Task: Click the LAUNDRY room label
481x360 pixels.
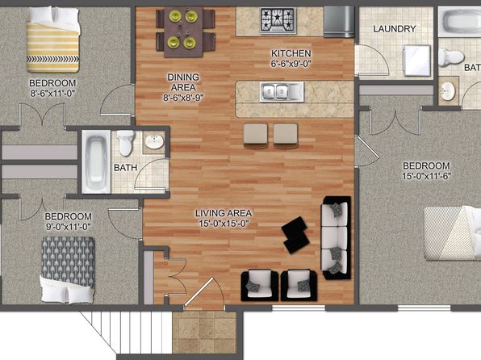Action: tap(394, 29)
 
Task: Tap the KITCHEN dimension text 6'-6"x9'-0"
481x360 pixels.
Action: tap(291, 64)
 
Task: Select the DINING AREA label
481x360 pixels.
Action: tap(183, 82)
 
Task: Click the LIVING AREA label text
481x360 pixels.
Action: tap(224, 213)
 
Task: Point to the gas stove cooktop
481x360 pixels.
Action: tap(278, 20)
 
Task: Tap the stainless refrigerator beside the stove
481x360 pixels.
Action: tap(339, 22)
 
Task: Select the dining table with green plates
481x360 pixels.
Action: tap(183, 32)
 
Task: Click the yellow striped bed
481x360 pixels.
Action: tap(52, 40)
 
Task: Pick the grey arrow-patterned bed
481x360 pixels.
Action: tap(68, 269)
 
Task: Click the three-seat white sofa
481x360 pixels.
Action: tap(336, 238)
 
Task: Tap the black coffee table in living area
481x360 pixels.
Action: tap(295, 234)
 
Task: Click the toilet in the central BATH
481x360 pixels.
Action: tap(125, 143)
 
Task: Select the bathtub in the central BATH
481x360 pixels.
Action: tap(96, 161)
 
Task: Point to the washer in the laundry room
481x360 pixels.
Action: tap(417, 61)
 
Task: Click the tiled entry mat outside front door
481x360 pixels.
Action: tap(204, 333)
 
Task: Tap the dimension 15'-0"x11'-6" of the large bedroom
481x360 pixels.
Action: tap(426, 177)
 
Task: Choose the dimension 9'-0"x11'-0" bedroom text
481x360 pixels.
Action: tap(69, 227)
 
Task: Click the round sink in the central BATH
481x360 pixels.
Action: tap(154, 142)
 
